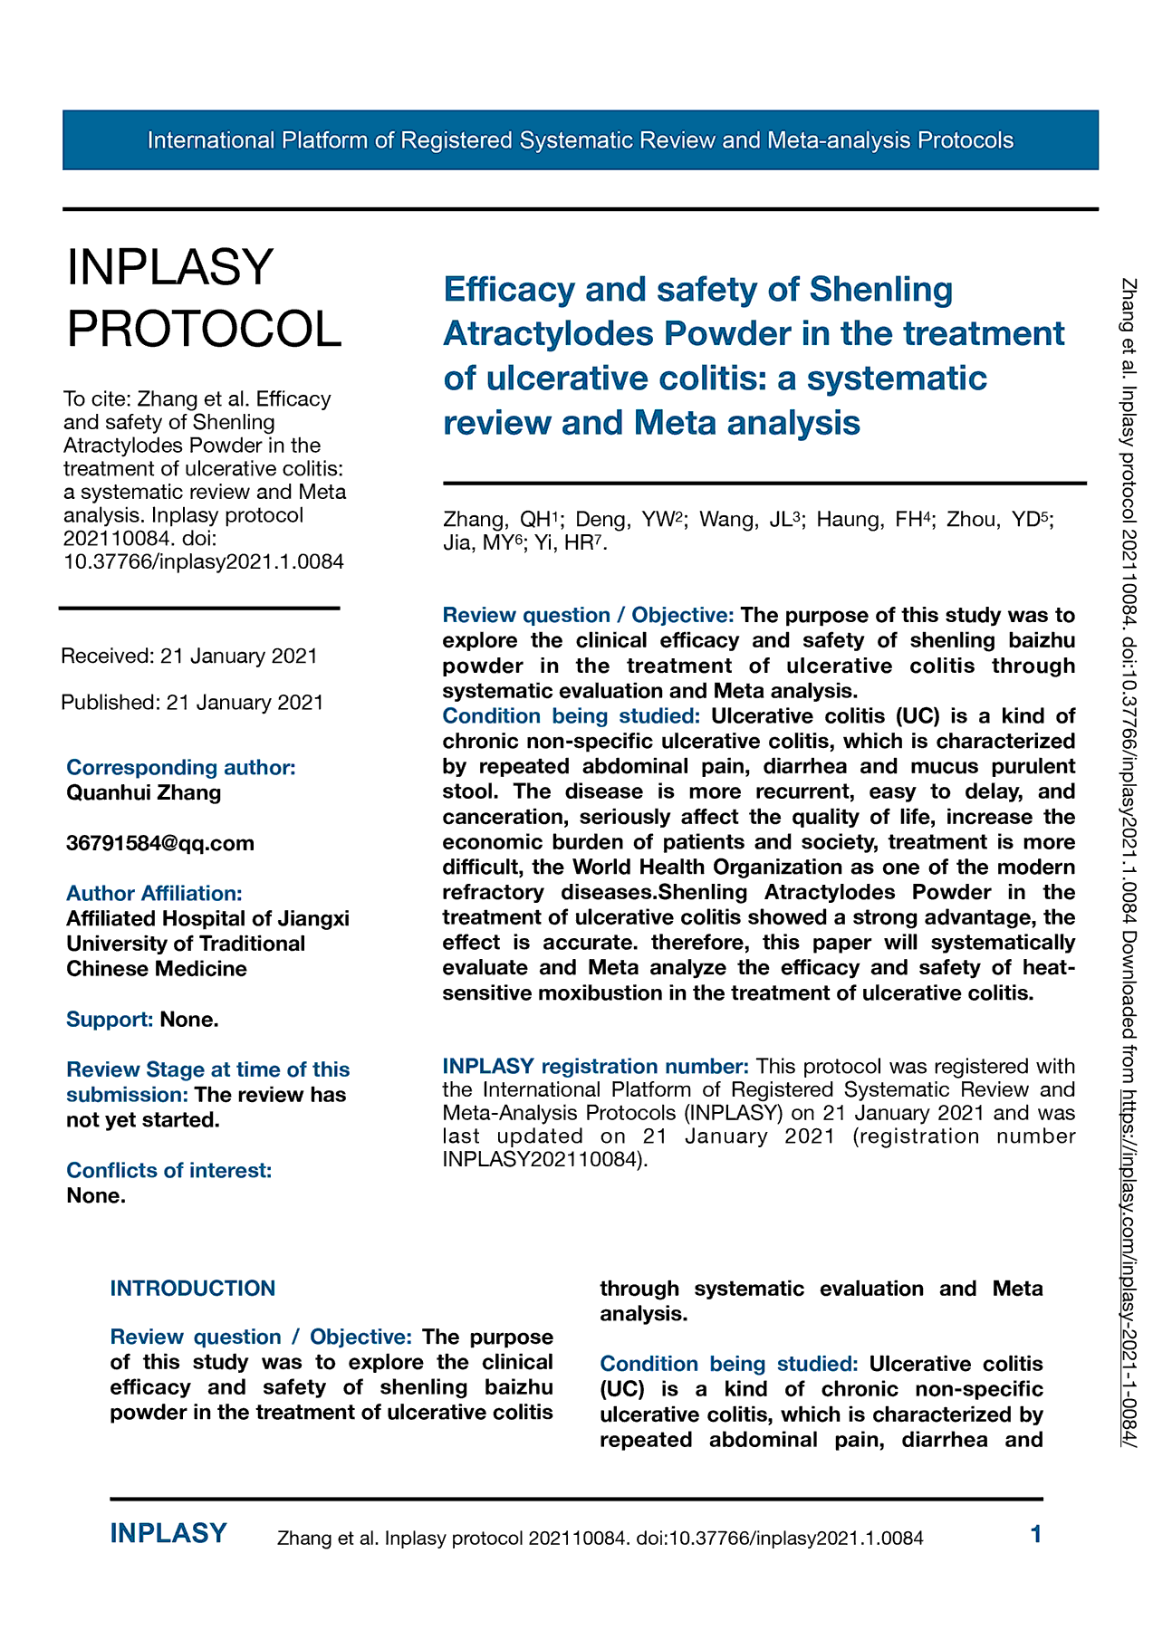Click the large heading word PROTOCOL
(205, 329)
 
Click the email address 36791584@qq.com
(160, 843)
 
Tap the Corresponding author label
(181, 767)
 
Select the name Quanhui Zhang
(144, 792)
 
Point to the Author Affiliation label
(154, 893)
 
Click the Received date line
(189, 656)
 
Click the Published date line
(192, 702)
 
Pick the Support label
(110, 1020)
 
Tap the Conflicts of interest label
(169, 1170)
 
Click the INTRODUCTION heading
(193, 1288)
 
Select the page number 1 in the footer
(1036, 1534)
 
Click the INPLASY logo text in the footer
(168, 1533)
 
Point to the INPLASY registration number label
(595, 1066)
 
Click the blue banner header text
(580, 140)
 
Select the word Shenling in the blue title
(880, 290)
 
